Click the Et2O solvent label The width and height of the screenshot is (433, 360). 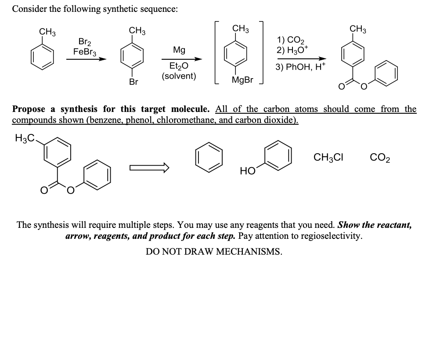tap(178, 67)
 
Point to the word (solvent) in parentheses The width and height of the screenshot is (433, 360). tap(179, 76)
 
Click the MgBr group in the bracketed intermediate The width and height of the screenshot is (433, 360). tap(242, 80)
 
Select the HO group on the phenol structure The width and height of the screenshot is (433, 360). tap(247, 171)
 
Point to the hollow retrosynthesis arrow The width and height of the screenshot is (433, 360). tap(149, 167)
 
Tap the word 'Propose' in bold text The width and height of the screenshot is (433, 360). tap(29, 108)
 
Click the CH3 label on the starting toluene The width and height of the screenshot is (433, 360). tap(47, 31)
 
